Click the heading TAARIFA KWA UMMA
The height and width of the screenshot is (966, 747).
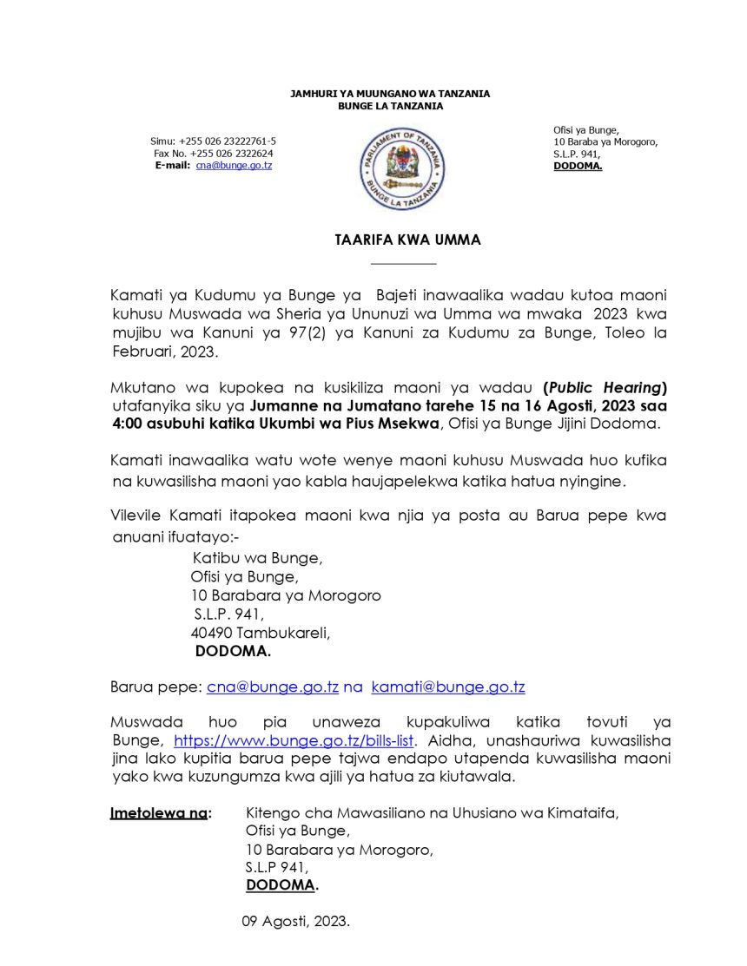[x=407, y=240]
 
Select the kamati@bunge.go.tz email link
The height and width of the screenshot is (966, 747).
[x=447, y=687]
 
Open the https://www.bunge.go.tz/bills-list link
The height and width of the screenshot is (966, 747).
[x=295, y=741]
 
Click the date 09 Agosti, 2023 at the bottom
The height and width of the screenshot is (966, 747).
[x=295, y=922]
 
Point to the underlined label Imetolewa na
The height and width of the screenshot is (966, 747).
[x=160, y=813]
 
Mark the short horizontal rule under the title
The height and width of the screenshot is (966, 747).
[x=403, y=263]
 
